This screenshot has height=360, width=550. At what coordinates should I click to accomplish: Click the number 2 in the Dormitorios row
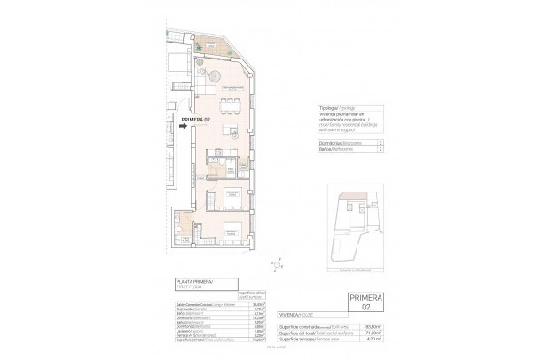(381, 142)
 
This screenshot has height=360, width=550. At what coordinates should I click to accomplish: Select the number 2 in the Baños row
(381, 150)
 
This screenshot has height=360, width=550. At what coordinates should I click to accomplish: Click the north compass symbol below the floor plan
(278, 262)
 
